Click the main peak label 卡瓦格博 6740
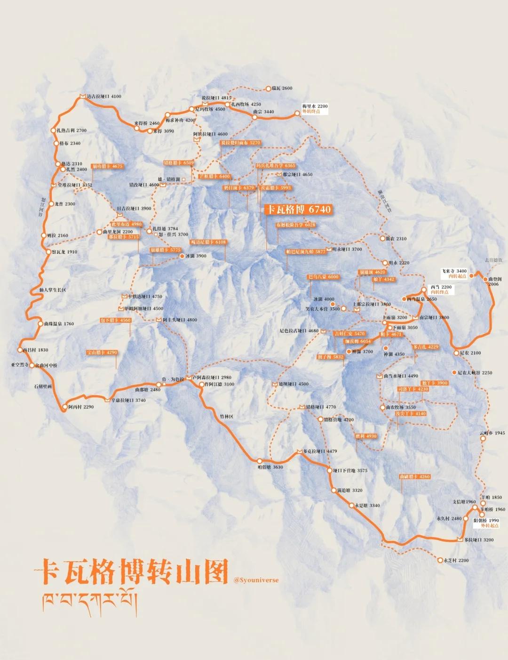point(298,209)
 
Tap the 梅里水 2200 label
point(315,106)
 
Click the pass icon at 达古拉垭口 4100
point(82,96)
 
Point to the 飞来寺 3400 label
point(454,271)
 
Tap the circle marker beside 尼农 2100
point(456,353)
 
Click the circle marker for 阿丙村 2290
point(64,407)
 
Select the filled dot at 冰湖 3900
point(182,256)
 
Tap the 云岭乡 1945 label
point(492,433)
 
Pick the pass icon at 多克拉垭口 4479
point(299,451)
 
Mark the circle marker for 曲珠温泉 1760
point(40,323)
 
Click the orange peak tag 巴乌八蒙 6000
point(323,277)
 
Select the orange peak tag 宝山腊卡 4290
point(102,352)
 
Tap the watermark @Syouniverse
point(256,580)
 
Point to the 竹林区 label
point(226,417)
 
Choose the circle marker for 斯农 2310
point(382,239)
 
